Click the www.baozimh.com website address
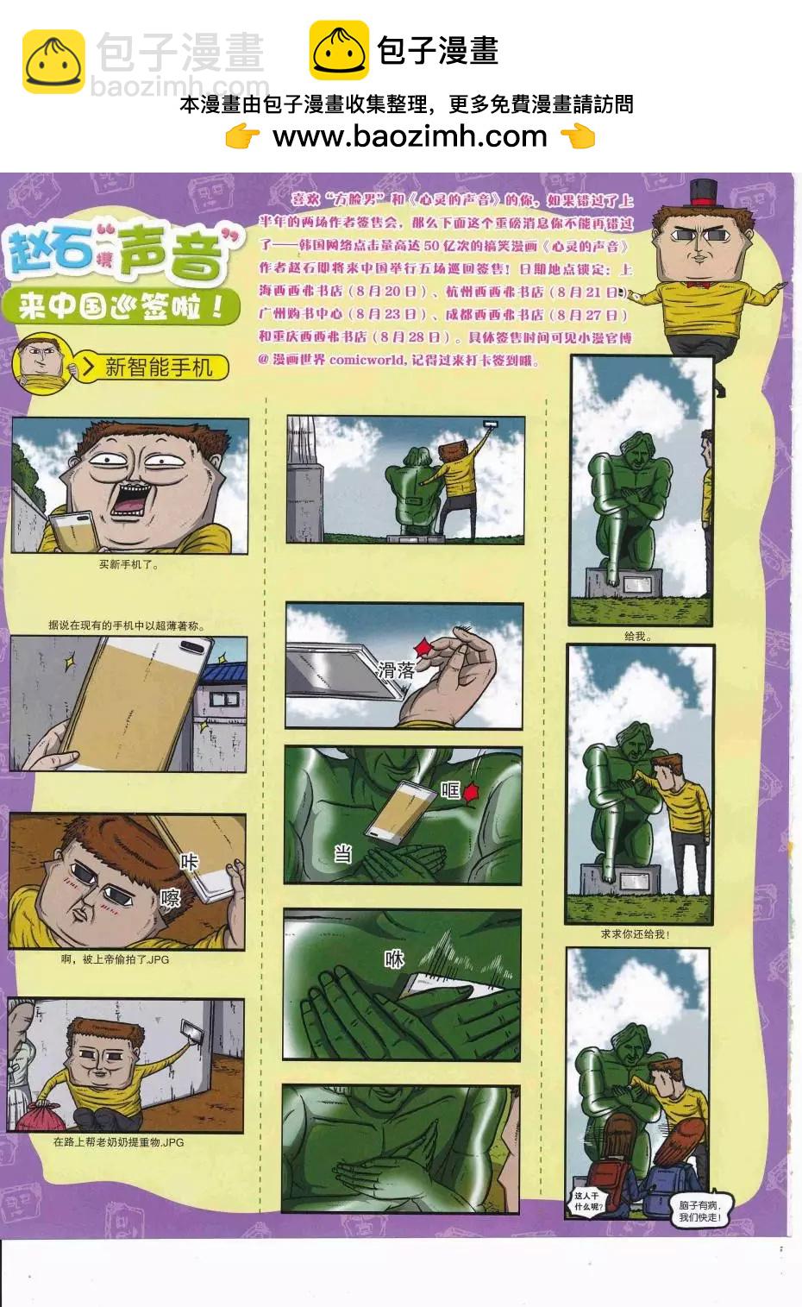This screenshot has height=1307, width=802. pyautogui.click(x=410, y=136)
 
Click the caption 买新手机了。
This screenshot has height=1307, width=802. pyautogui.click(x=129, y=566)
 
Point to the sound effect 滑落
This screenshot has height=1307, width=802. pyautogui.click(x=396, y=669)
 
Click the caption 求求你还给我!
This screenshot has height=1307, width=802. pyautogui.click(x=636, y=934)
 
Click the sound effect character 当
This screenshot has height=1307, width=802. pyautogui.click(x=342, y=854)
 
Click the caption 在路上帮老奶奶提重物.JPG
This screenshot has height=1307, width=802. pyautogui.click(x=118, y=1142)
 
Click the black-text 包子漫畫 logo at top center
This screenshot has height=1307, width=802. pyautogui.click(x=404, y=51)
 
